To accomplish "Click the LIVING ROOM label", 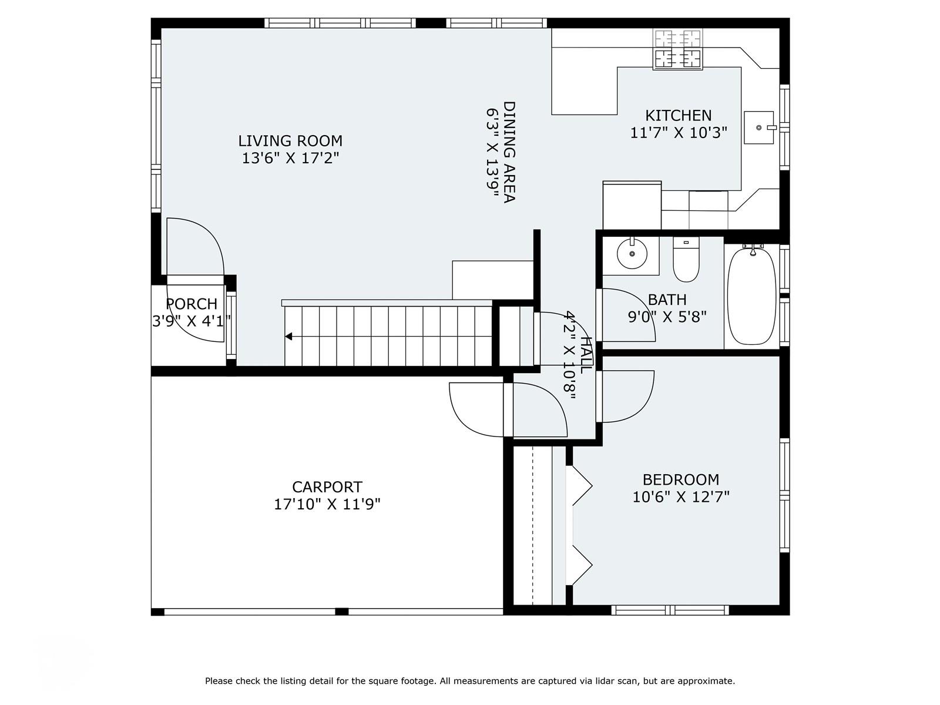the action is (290, 141).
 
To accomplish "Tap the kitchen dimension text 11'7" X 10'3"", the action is (679, 133).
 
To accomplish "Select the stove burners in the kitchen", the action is (677, 49).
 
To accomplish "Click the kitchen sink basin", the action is (759, 127).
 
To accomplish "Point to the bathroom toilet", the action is (686, 259).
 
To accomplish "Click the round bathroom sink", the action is (632, 254).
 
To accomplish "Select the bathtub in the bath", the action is (751, 296).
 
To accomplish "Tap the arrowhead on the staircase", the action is (288, 337).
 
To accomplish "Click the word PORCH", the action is (192, 304).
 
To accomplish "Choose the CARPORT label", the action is (327, 487).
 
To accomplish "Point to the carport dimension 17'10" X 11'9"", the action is (327, 504).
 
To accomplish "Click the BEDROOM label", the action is (681, 479).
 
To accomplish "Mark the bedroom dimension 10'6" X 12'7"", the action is (681, 497).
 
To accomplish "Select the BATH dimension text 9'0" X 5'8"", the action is (667, 317).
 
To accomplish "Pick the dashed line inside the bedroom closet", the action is (533, 526).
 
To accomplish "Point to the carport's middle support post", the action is (341, 612).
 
